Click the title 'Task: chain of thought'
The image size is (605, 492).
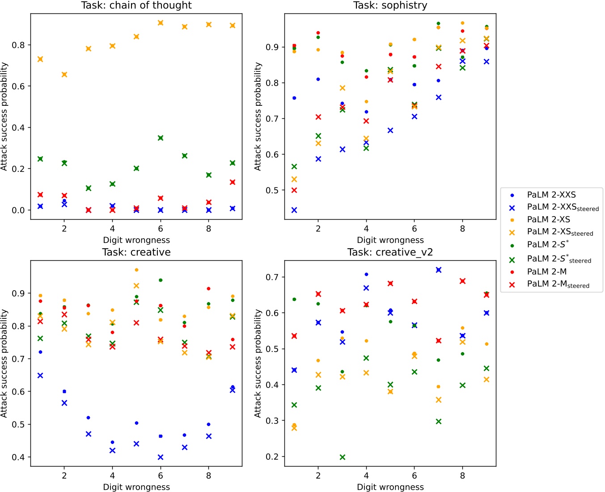[136, 5]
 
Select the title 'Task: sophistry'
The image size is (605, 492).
[390, 5]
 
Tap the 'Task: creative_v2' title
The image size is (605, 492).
[390, 252]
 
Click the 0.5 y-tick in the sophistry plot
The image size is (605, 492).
[272, 190]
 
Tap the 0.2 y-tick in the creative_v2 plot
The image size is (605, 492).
[272, 457]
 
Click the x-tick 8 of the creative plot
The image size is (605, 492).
[208, 476]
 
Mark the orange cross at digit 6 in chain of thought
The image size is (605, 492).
[161, 23]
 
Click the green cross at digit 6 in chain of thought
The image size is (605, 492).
[161, 138]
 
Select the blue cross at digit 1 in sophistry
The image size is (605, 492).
[294, 210]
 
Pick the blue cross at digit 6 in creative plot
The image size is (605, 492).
[161, 457]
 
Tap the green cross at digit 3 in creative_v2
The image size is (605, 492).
[343, 457]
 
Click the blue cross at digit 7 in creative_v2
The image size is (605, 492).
[439, 270]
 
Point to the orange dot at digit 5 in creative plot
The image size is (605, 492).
[136, 270]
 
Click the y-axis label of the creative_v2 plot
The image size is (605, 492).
[258, 363]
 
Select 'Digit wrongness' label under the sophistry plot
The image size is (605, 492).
[390, 240]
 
